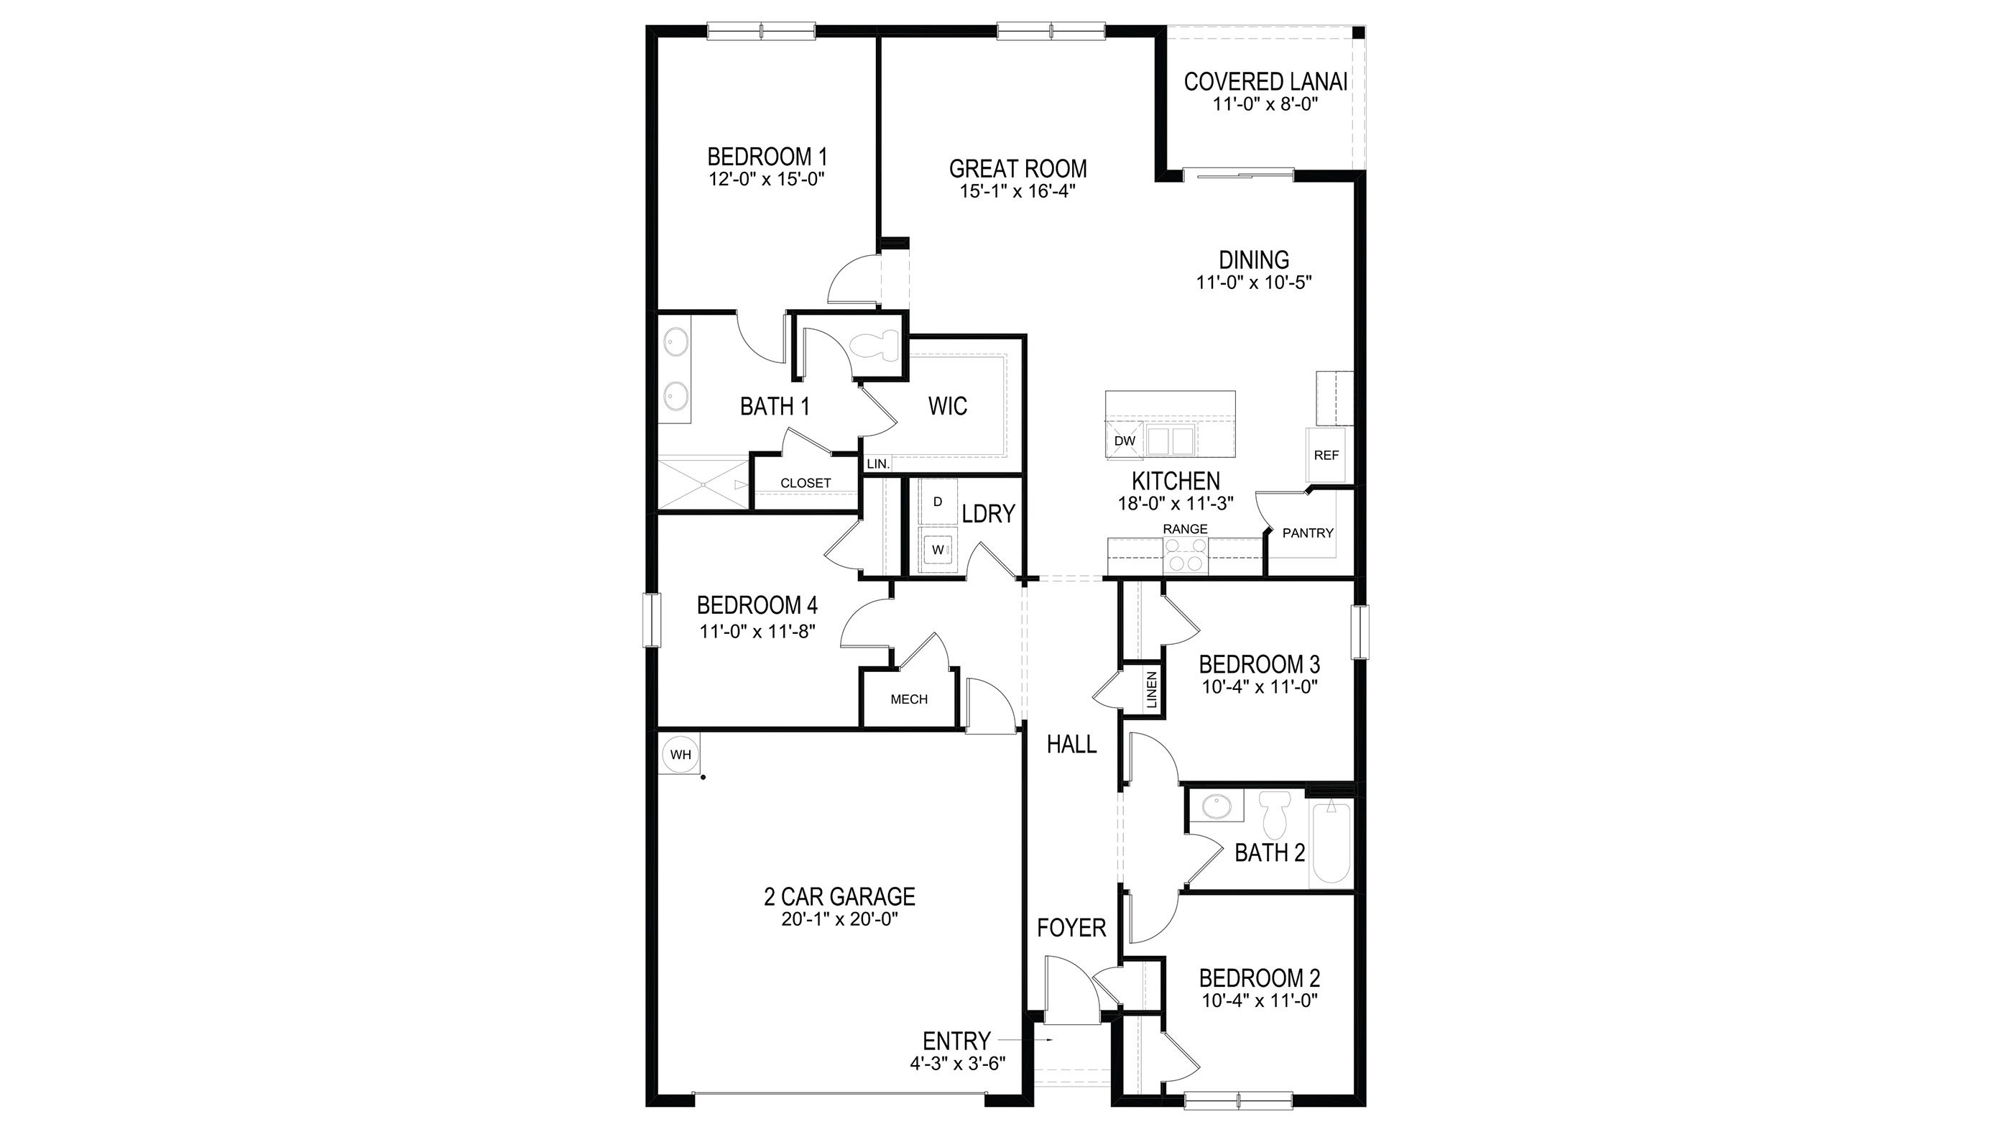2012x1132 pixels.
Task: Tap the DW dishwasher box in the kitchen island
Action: pyautogui.click(x=1124, y=441)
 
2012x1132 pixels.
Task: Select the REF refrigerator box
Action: pyautogui.click(x=1326, y=455)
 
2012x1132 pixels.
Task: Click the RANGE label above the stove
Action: pyautogui.click(x=1185, y=529)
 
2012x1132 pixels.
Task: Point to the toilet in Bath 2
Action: pyautogui.click(x=1275, y=815)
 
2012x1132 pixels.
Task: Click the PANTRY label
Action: pyautogui.click(x=1308, y=533)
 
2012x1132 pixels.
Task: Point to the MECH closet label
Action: pyautogui.click(x=909, y=699)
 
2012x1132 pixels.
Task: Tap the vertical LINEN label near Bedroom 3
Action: pyautogui.click(x=1151, y=690)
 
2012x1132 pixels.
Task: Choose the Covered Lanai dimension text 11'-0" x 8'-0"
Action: pyautogui.click(x=1265, y=104)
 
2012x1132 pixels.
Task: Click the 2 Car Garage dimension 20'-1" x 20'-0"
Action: pyautogui.click(x=839, y=919)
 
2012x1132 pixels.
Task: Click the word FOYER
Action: pyautogui.click(x=1071, y=928)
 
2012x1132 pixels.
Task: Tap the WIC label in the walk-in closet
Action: pyautogui.click(x=947, y=406)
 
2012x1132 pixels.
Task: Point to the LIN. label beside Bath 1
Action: pyautogui.click(x=878, y=464)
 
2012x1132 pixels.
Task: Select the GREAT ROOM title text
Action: pyautogui.click(x=1017, y=169)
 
